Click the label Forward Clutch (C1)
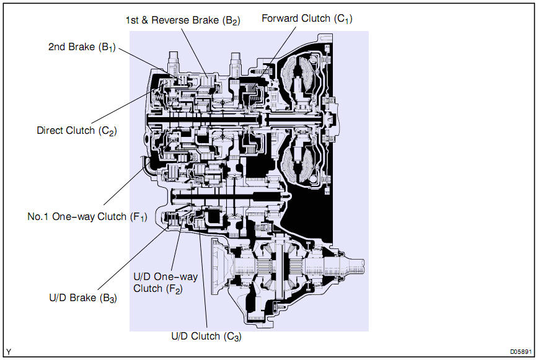tap(307, 19)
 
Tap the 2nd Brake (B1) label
tap(82, 47)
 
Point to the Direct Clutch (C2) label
tap(77, 131)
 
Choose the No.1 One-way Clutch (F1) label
tap(87, 217)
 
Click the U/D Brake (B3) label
tap(83, 298)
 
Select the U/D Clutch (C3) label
tap(206, 336)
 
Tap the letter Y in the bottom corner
tap(9, 352)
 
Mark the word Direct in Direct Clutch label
tap(50, 131)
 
